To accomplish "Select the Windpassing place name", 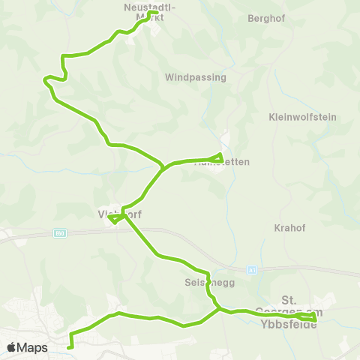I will (195, 76).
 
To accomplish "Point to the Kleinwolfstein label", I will (302, 117).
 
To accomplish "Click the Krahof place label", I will (289, 226).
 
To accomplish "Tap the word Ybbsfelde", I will (289, 324).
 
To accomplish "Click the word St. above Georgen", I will (289, 298).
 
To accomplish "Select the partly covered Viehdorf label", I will (120, 214).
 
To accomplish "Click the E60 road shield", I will (59, 234).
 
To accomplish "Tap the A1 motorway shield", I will (253, 269).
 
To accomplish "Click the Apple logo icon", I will (11, 347).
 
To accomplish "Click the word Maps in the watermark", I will (32, 347).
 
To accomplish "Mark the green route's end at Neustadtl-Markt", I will (153, 13).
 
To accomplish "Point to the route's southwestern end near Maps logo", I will (70, 347).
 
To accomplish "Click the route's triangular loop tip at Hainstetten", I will (221, 155).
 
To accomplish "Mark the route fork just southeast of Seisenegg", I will (218, 307).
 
